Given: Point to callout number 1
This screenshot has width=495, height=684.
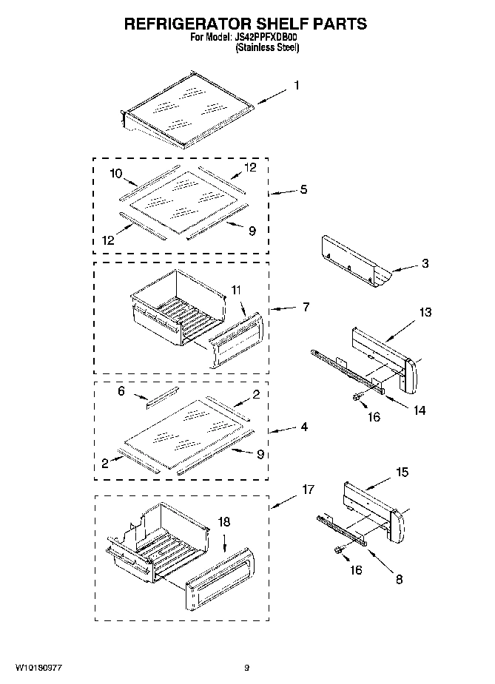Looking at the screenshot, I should (297, 86).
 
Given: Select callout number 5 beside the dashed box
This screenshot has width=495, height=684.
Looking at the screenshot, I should (303, 190).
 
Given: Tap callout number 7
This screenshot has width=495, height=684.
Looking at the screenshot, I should (306, 305).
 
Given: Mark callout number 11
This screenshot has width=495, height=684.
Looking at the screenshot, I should (235, 291).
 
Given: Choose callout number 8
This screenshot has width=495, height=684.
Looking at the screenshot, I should (399, 580).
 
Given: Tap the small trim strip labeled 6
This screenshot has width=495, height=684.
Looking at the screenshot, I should (161, 399).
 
